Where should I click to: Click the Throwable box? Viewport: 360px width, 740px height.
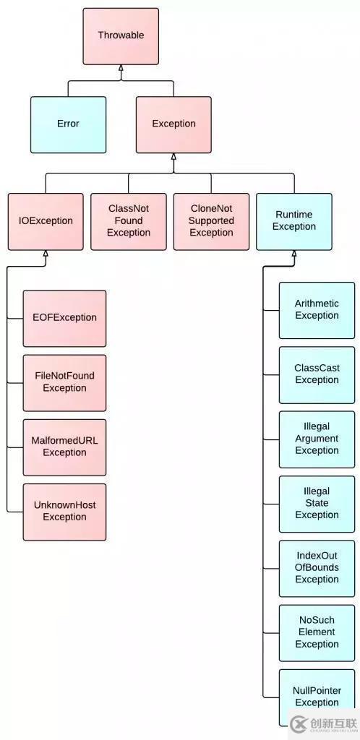[121, 36]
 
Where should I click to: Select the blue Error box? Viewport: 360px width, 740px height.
[69, 124]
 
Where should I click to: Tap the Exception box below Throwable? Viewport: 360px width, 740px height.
[173, 124]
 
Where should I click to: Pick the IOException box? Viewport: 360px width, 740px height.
[46, 221]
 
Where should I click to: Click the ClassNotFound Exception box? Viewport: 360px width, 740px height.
[129, 221]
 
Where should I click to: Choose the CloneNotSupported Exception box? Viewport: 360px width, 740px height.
[211, 221]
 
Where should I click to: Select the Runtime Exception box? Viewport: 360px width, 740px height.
[294, 221]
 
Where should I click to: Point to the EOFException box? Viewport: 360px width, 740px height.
[64, 318]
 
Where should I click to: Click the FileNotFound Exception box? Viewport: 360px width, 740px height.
[64, 383]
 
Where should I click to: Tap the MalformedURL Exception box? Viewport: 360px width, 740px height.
[64, 447]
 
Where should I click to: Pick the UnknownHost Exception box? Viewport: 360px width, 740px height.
[64, 512]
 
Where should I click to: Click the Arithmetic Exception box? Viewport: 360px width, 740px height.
[317, 310]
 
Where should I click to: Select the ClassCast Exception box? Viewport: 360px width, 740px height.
[317, 375]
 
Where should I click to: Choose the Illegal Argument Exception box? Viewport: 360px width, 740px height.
[317, 439]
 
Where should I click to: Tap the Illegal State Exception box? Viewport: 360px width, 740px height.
[317, 504]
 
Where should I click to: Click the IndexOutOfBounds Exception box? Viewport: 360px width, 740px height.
[317, 569]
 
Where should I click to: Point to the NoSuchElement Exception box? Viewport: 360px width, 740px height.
[317, 633]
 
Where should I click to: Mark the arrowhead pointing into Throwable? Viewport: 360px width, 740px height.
[121, 68]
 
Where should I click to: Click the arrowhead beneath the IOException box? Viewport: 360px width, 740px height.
[46, 254]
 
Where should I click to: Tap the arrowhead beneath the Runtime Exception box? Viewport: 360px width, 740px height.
[294, 254]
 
